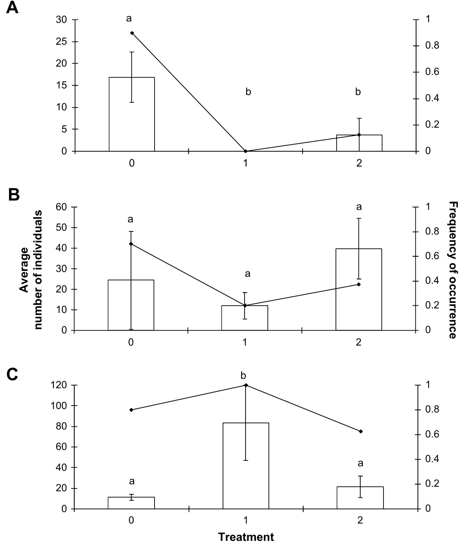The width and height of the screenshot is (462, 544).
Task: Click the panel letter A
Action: [x=12, y=8]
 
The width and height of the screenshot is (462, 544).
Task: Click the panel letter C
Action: [x=13, y=374]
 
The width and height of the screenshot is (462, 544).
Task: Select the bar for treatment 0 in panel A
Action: [x=132, y=114]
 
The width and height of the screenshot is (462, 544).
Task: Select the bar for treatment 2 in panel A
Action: [x=359, y=143]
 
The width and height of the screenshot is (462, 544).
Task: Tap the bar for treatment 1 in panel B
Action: [x=245, y=318]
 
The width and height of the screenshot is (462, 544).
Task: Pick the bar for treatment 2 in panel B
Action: [x=359, y=289]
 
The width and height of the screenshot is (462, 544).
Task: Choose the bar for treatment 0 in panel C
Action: [x=131, y=503]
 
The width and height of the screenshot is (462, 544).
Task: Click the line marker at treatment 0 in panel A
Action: [x=132, y=33]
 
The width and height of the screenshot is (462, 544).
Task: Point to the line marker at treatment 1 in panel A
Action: [x=246, y=151]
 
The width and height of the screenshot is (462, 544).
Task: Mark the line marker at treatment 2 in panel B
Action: [x=359, y=284]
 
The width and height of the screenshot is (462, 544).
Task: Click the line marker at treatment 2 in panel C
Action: [x=361, y=431]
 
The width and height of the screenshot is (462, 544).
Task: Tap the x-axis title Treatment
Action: [x=246, y=537]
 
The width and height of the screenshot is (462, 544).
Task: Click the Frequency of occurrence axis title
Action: [x=453, y=270]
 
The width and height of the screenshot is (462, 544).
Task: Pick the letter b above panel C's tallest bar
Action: [x=243, y=375]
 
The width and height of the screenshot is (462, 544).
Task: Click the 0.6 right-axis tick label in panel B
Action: [x=432, y=256]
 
